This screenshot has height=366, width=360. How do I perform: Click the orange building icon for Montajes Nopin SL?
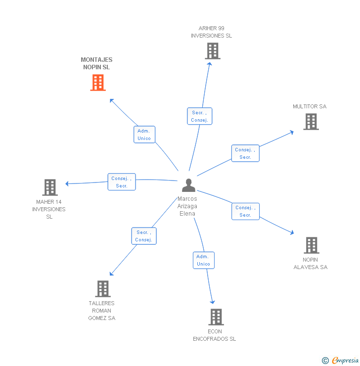pos(98,83)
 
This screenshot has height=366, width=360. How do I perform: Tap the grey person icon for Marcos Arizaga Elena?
pos(188,185)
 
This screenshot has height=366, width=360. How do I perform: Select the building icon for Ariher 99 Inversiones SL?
pos(212,51)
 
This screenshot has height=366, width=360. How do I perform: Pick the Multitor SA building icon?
pos(311,122)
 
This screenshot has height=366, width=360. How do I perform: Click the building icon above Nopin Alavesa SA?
pos(311,245)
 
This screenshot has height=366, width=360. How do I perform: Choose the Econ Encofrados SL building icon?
pos(216,317)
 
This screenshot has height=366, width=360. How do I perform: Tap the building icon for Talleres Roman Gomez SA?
pos(102,289)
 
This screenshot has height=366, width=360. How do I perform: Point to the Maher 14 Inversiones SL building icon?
pos(50,187)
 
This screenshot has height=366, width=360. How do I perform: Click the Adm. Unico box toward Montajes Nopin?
pos(144,135)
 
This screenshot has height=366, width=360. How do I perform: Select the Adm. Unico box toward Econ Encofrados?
pos(203,260)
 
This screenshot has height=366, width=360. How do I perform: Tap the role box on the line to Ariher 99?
pos(200,116)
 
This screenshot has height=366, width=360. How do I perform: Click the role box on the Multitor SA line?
pos(245,153)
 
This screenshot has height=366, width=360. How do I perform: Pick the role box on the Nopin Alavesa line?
pos(245,211)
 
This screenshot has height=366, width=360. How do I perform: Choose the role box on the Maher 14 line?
pos(122,182)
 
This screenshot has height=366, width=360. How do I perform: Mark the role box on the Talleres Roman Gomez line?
pos(144,236)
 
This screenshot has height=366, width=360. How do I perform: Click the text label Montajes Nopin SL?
pos(97,63)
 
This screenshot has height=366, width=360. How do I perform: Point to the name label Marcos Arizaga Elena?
pos(187,206)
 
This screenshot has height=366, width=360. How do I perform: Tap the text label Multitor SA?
pos(310,106)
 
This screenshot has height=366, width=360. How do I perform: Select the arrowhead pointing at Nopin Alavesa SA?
pos(292,232)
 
